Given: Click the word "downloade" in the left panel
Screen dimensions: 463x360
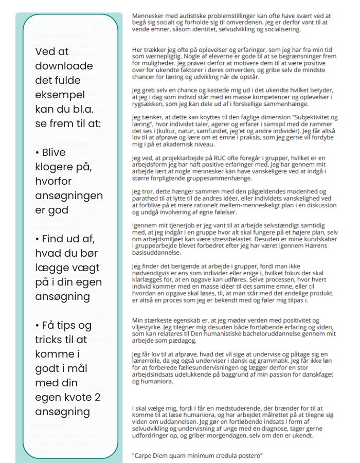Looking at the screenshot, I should click(x=64, y=66).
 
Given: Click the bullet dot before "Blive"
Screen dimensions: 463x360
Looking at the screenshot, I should click(x=38, y=152).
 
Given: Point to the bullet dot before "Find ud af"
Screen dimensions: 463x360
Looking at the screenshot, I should click(x=38, y=239).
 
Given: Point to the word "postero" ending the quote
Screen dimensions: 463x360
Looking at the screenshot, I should click(x=249, y=456).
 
